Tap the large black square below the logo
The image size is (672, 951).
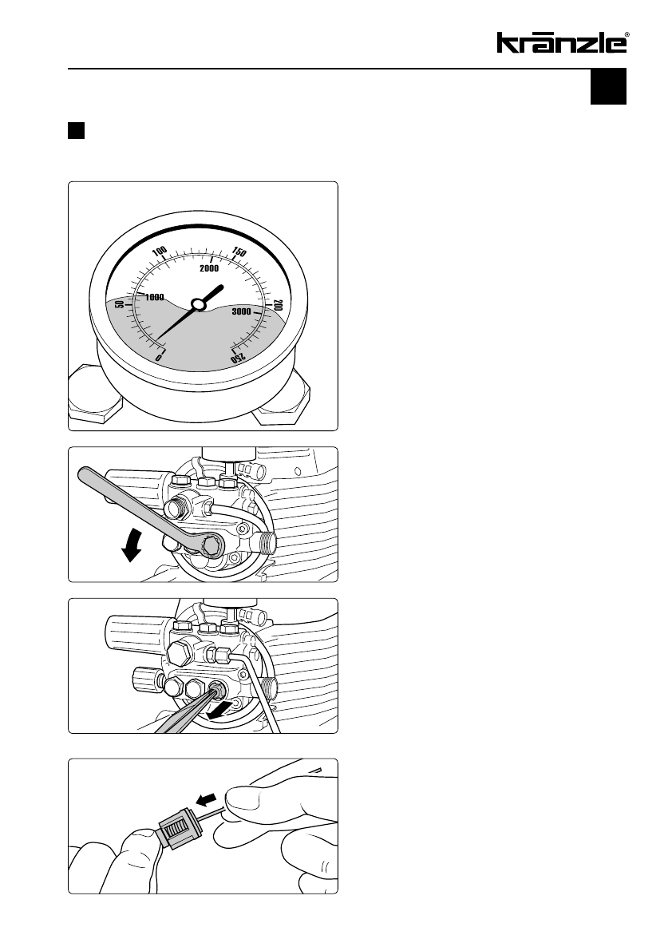pyautogui.click(x=608, y=86)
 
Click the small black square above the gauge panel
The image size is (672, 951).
pyautogui.click(x=76, y=131)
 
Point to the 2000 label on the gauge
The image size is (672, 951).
pyautogui.click(x=210, y=268)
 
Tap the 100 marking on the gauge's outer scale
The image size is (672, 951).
pyautogui.click(x=159, y=251)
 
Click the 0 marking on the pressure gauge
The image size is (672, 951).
pyautogui.click(x=159, y=357)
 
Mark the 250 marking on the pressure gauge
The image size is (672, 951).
pyautogui.click(x=239, y=358)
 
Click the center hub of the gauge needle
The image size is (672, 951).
pyautogui.click(x=198, y=303)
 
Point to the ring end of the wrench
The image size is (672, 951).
pyautogui.click(x=213, y=546)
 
